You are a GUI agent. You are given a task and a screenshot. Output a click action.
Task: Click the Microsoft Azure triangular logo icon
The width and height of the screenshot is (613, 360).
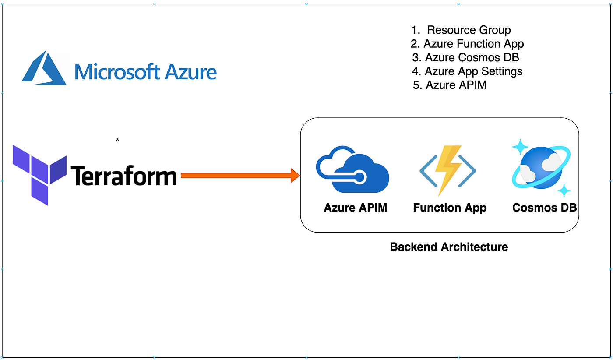tap(44, 69)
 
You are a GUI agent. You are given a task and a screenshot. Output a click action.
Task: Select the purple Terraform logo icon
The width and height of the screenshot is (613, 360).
tap(39, 174)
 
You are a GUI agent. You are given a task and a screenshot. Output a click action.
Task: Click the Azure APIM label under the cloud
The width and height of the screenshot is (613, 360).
tap(356, 208)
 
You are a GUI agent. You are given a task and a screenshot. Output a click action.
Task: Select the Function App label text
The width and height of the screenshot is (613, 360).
tap(450, 208)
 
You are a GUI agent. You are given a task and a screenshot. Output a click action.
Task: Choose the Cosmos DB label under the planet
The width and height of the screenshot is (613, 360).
tap(544, 208)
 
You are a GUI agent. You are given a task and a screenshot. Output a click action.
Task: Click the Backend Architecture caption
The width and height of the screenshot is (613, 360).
tap(449, 247)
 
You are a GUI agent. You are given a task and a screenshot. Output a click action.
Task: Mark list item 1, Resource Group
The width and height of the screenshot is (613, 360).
tap(461, 30)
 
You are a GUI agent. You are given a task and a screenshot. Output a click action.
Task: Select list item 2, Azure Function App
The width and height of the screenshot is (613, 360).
tap(467, 44)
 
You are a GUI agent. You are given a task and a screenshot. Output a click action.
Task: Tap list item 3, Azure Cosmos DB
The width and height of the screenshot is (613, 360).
tap(466, 57)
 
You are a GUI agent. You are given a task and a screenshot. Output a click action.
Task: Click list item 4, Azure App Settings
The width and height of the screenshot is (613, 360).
tap(468, 71)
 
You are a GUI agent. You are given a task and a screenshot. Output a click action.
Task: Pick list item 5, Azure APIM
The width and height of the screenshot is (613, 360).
tap(450, 85)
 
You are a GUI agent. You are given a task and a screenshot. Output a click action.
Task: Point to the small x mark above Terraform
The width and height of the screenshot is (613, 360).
tap(117, 139)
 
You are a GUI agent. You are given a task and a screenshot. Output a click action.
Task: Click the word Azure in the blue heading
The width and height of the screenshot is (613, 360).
tap(191, 71)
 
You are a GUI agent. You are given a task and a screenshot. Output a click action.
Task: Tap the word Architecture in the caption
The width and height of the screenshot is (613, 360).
tap(474, 247)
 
